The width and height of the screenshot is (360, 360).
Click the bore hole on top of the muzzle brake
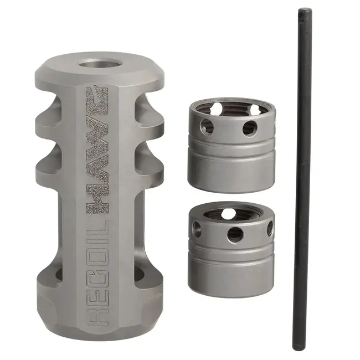point(100,64)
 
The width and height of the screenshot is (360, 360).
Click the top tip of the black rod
point(305,9)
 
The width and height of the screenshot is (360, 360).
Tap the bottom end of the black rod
point(299,348)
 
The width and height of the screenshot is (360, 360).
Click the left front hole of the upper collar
point(207,126)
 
